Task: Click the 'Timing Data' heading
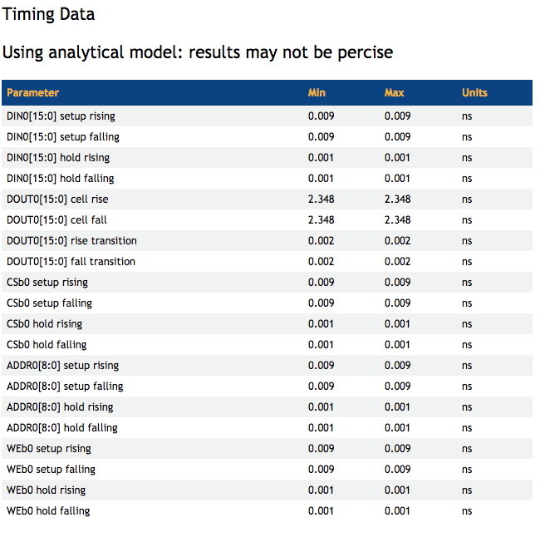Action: (x=49, y=14)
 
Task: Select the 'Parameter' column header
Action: (x=32, y=92)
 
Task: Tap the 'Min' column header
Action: (x=317, y=92)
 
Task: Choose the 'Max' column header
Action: (x=394, y=92)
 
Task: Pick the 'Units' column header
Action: (x=474, y=92)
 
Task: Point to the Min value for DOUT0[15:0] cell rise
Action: (x=321, y=199)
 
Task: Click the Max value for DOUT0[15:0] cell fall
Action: (x=397, y=219)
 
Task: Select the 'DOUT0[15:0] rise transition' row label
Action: (x=71, y=240)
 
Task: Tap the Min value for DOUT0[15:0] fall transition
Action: (x=321, y=261)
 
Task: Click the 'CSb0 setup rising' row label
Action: (x=47, y=282)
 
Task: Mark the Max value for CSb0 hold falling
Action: (x=397, y=344)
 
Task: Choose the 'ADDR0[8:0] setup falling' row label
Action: (x=65, y=386)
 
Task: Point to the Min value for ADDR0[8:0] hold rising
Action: (x=321, y=406)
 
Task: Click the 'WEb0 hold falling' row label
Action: (x=48, y=510)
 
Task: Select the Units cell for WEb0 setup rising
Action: (x=467, y=448)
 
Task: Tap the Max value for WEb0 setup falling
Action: (x=397, y=469)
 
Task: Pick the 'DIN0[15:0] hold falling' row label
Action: (x=60, y=178)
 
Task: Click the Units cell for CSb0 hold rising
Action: (x=467, y=323)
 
